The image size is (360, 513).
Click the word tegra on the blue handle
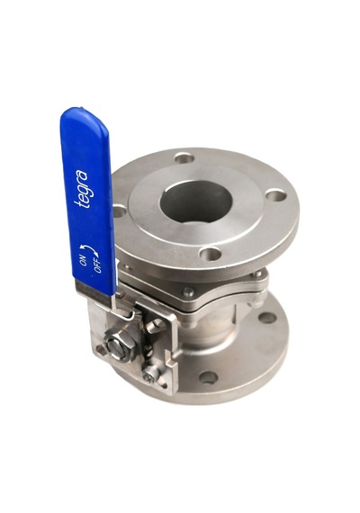tap(82, 189)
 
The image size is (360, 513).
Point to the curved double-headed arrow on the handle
tap(90, 250)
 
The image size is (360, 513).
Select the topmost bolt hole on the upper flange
tap(184, 158)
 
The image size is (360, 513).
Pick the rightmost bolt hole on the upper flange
tap(276, 196)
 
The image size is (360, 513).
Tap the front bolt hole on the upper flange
tap(211, 254)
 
